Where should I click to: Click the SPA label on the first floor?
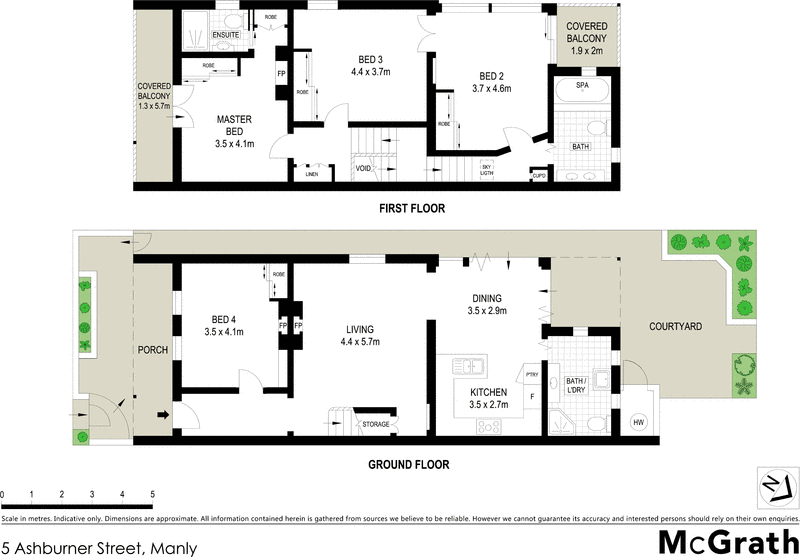[581, 86]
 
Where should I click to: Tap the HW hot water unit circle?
[638, 423]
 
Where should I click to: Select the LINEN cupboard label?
[313, 173]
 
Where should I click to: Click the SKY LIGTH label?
[488, 170]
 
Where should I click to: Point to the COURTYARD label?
[675, 326]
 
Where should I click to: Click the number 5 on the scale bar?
[152, 495]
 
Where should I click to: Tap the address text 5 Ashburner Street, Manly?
[99, 547]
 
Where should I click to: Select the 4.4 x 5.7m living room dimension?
[362, 343]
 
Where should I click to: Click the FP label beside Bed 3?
[280, 74]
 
